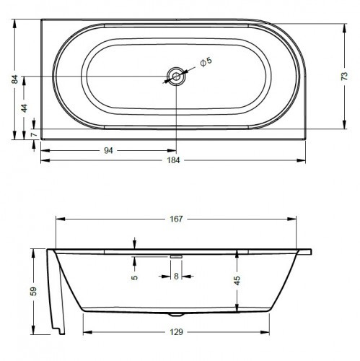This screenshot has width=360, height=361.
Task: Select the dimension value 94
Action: [108, 150]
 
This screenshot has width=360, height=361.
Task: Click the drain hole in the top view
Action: [175, 76]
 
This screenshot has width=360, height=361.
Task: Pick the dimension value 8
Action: [175, 276]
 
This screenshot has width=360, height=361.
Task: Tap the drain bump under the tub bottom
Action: [175, 315]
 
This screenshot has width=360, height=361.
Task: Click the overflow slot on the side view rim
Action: [175, 255]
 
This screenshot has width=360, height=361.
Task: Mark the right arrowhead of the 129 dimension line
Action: [268, 331]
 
